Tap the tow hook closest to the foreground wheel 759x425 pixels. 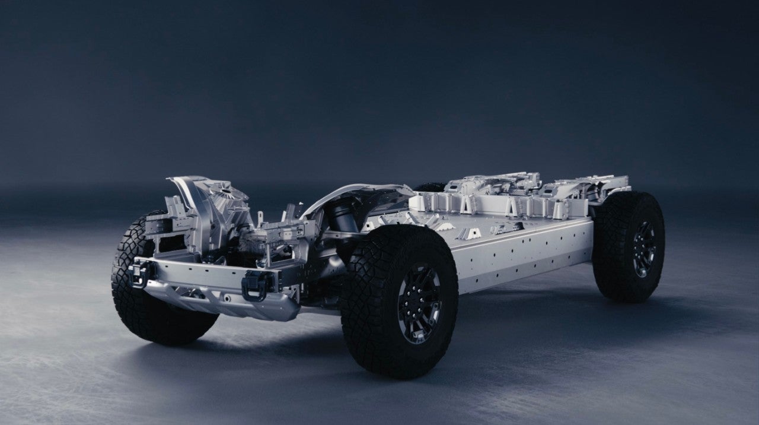coord(256,283)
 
